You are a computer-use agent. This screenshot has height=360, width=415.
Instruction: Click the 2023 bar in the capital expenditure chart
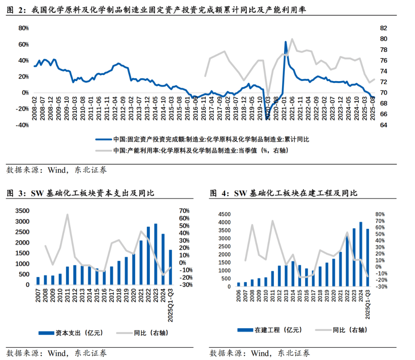click(156, 254)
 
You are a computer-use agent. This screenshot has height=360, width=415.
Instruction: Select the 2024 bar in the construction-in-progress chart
click(360, 254)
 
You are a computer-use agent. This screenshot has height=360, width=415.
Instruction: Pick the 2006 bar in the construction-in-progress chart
click(239, 285)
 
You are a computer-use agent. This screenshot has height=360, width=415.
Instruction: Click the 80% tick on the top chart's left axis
click(24, 28)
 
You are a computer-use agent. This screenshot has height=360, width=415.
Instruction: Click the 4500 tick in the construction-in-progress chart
click(224, 214)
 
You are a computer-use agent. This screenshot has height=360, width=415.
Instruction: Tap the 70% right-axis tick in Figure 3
click(184, 211)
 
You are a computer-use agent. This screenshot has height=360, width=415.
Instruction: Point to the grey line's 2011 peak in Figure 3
click(68, 215)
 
